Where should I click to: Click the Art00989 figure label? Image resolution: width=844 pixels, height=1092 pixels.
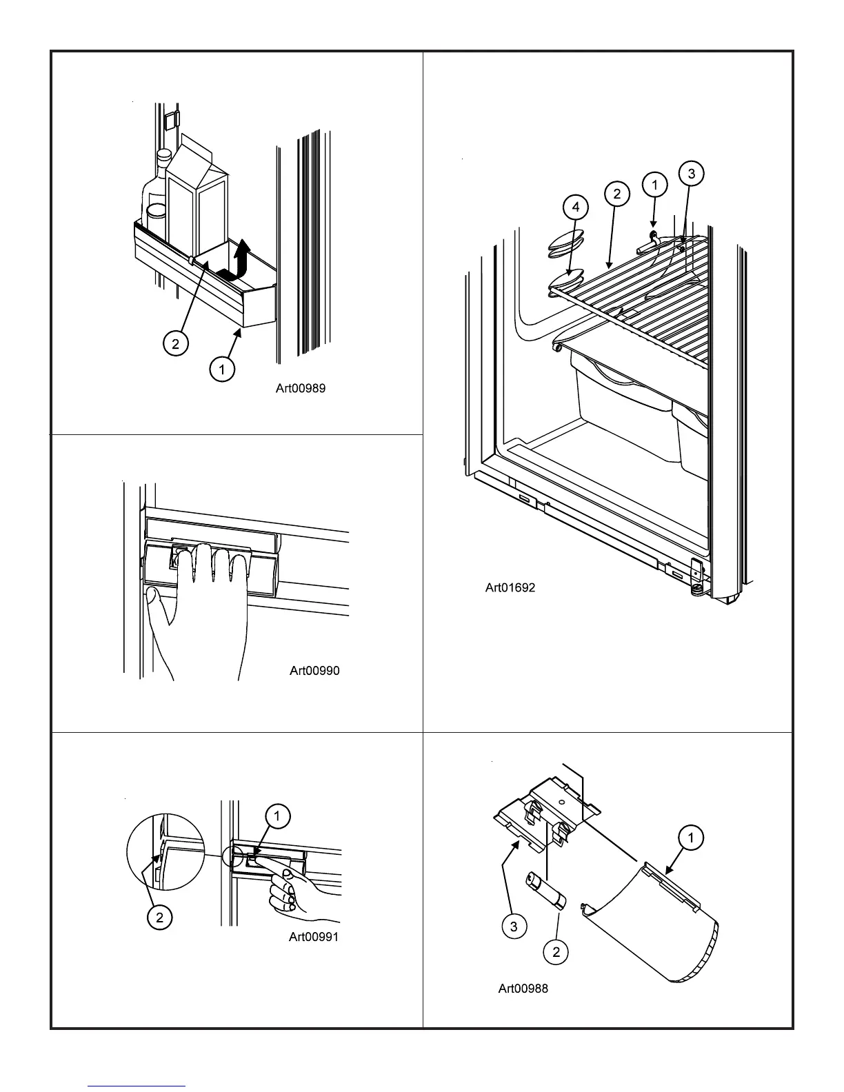[301, 389]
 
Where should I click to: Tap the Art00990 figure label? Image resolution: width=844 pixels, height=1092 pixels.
[314, 671]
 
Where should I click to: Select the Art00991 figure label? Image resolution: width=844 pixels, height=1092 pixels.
[314, 937]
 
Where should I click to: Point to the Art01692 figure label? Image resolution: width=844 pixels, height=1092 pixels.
[510, 588]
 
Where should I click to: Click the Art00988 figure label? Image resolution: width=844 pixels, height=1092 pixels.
[523, 989]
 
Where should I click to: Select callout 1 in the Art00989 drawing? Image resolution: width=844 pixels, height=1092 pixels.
[221, 370]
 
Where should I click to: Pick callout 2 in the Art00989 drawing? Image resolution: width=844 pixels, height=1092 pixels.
[176, 343]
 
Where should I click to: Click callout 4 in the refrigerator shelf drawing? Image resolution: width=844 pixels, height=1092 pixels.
[576, 207]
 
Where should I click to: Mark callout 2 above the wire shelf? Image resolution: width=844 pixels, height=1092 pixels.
[616, 194]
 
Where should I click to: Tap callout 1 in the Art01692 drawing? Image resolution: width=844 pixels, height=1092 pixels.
[654, 184]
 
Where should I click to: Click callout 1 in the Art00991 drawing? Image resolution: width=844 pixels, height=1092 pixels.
[277, 817]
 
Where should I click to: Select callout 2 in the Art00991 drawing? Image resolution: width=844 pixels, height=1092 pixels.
[159, 918]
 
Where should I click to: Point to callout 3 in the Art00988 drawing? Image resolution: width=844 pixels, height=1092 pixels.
[513, 927]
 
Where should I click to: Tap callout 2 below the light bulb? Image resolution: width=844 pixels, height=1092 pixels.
[556, 952]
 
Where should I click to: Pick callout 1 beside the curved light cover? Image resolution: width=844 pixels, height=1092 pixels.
[691, 838]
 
